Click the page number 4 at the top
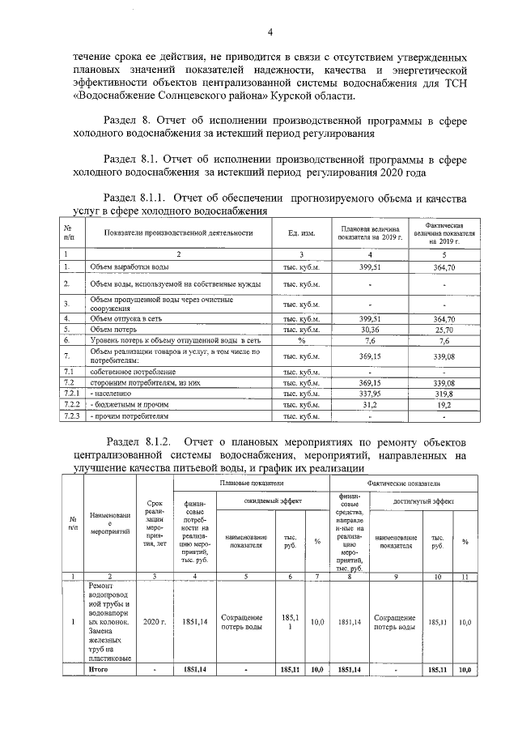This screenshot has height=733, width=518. pyautogui.click(x=270, y=32)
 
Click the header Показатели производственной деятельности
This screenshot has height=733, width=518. pyautogui.click(x=178, y=233)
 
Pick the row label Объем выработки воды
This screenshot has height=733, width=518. pyautogui.click(x=129, y=266)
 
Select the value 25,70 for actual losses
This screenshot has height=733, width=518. pyautogui.click(x=445, y=330)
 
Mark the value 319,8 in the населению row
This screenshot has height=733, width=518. pyautogui.click(x=445, y=392)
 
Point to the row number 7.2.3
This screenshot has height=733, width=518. pyautogui.click(x=74, y=416)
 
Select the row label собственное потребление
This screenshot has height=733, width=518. pyautogui.click(x=133, y=371)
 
